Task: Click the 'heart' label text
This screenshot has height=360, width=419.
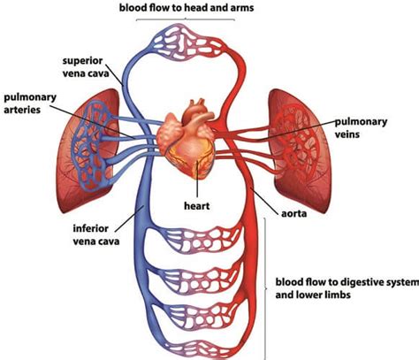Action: (x=197, y=205)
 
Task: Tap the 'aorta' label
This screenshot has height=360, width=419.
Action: (x=293, y=213)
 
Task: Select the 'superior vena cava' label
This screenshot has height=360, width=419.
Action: (x=86, y=67)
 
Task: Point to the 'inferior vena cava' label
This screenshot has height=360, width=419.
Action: (x=96, y=234)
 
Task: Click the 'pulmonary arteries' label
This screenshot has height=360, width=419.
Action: (x=30, y=103)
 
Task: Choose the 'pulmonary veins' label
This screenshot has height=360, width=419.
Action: (x=361, y=127)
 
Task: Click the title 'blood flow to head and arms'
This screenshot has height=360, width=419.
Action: (x=187, y=8)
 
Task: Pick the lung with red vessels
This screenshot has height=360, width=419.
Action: (x=299, y=150)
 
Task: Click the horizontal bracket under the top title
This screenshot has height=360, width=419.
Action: (x=186, y=19)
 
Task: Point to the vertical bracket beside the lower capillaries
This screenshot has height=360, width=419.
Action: (x=265, y=289)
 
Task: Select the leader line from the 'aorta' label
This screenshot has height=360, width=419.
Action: (x=264, y=199)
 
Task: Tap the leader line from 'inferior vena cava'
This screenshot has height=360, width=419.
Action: (x=129, y=218)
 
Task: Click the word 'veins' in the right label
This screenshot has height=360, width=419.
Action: (x=347, y=134)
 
